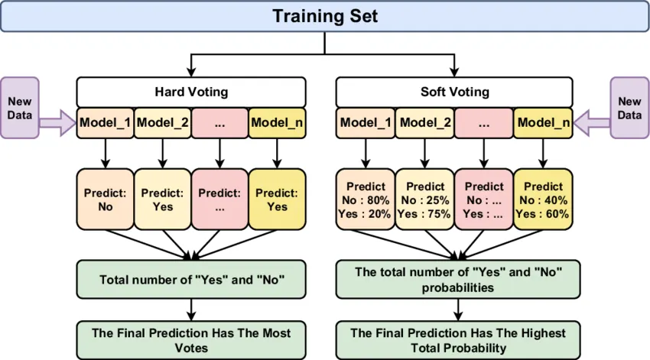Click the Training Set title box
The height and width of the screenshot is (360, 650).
click(325, 16)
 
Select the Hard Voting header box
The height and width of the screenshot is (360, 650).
click(190, 92)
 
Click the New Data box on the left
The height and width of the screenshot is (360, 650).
click(20, 108)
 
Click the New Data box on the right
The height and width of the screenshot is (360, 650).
click(629, 108)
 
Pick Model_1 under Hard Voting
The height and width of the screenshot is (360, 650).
click(105, 122)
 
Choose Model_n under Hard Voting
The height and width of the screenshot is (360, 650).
click(277, 122)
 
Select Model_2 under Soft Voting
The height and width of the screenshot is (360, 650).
click(425, 122)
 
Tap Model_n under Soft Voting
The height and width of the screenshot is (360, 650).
click(542, 122)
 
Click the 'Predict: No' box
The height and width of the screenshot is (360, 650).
click(106, 199)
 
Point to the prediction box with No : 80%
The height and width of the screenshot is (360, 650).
click(366, 199)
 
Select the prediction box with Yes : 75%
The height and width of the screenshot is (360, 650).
click(425, 199)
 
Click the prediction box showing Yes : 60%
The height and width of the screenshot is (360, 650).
click(542, 199)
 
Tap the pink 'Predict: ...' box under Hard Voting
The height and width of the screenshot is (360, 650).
click(219, 199)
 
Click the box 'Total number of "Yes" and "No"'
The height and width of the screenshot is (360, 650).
click(191, 279)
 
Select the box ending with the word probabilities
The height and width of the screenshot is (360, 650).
click(458, 279)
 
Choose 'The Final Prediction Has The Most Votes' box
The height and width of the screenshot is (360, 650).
click(191, 340)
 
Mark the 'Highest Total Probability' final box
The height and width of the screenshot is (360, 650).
click(458, 340)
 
